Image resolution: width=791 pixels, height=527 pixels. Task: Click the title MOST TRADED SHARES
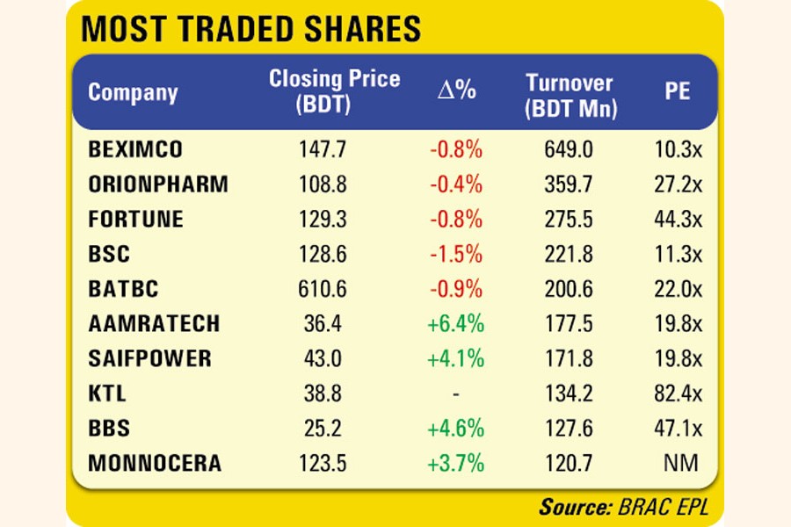tap(250, 29)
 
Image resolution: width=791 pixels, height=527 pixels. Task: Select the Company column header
tap(133, 92)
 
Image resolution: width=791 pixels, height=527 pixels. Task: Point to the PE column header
tap(677, 92)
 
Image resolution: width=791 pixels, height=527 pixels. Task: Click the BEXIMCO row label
tap(135, 149)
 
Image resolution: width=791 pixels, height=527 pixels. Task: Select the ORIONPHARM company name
tap(158, 184)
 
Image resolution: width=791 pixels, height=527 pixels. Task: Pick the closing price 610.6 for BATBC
tap(324, 289)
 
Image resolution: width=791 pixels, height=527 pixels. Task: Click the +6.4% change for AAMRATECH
tap(456, 324)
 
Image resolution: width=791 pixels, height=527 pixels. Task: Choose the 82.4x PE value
tap(678, 393)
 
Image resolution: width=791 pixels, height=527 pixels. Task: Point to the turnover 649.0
tap(570, 149)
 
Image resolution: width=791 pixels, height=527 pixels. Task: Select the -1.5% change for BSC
tap(456, 254)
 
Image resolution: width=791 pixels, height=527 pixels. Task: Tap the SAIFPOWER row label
tap(149, 358)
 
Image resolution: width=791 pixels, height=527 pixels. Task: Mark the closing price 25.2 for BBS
tap(324, 429)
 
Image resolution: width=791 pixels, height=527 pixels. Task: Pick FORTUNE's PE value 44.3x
tap(678, 220)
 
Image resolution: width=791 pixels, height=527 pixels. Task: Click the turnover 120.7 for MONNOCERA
tap(570, 463)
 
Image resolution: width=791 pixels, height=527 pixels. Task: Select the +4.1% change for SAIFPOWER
tap(456, 358)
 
